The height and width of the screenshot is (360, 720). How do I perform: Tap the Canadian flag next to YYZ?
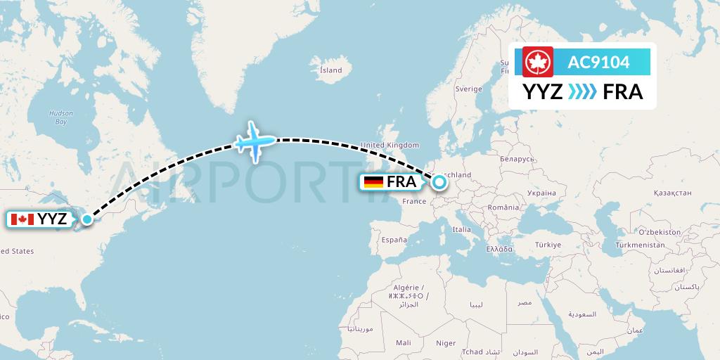(22, 219)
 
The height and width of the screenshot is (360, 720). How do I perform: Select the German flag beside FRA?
(373, 183)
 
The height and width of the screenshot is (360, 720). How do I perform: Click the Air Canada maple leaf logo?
(538, 62)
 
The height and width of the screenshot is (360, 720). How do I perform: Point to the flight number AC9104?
(599, 63)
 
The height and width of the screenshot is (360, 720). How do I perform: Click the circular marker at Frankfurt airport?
(439, 183)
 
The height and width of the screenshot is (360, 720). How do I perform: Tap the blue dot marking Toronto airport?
(86, 219)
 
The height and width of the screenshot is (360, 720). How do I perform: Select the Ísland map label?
(330, 70)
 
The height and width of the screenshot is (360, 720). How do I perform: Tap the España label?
(394, 240)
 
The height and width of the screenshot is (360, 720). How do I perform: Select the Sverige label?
(468, 89)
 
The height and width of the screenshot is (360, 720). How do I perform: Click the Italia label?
(462, 229)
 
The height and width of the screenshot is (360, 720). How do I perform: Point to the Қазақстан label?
(672, 192)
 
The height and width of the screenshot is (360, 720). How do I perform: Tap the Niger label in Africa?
(446, 343)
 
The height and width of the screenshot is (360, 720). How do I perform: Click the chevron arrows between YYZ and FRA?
(581, 92)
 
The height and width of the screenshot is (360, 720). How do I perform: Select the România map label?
(503, 208)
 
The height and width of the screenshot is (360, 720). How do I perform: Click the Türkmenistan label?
(640, 245)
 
